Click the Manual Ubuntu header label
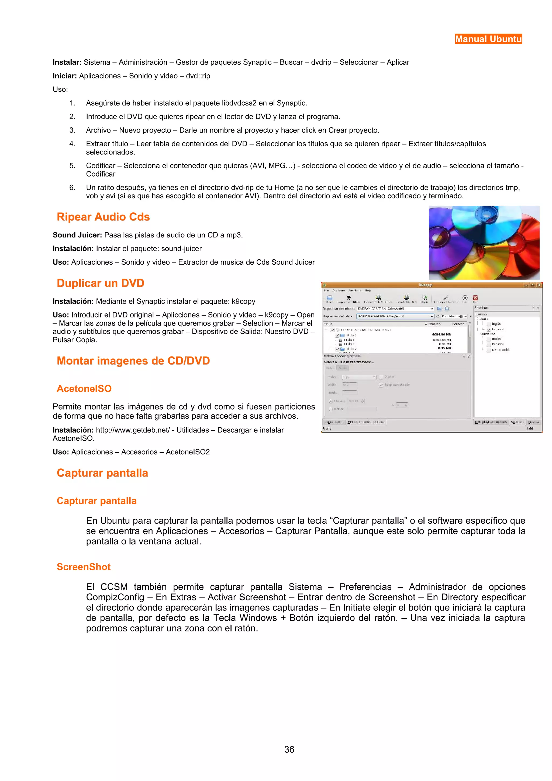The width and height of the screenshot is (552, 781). tap(488, 39)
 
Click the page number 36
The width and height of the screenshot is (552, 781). tap(289, 749)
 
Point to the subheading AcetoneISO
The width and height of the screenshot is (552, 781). tap(84, 388)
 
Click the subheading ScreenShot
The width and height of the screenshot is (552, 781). tap(84, 567)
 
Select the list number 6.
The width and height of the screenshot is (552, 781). tap(72, 187)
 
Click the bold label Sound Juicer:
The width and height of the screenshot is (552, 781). tap(77, 235)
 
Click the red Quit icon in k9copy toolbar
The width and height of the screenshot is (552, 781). tap(475, 298)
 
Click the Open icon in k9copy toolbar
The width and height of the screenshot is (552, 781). tap(330, 298)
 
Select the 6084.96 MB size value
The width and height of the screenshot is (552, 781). tap(441, 334)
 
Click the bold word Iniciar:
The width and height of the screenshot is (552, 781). tap(65, 76)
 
